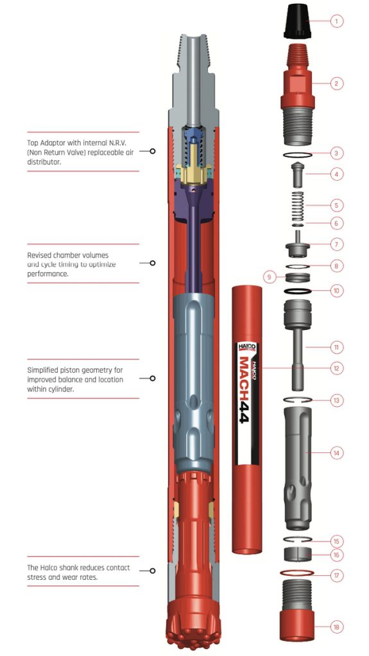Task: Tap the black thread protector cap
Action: pos(296,20)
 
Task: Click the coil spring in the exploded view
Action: pos(297,204)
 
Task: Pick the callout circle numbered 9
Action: pos(270,277)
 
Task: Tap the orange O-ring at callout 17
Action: pos(297,573)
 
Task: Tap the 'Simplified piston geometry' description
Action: pos(73,379)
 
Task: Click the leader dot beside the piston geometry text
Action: pos(153,379)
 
